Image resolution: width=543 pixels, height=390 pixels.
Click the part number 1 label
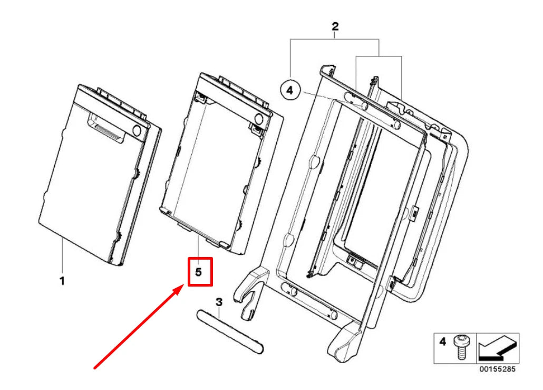[x=62, y=281]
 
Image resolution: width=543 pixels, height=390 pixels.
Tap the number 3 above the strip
[x=219, y=302]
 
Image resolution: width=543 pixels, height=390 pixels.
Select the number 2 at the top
[x=335, y=26]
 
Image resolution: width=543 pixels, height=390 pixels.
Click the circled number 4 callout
[x=289, y=91]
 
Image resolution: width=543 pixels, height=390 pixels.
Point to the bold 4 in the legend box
[x=443, y=342]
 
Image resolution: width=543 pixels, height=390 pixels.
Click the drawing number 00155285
[x=498, y=370]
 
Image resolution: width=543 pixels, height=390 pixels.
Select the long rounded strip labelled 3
[x=229, y=331]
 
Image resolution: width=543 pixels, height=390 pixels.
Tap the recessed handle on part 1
[x=108, y=128]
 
